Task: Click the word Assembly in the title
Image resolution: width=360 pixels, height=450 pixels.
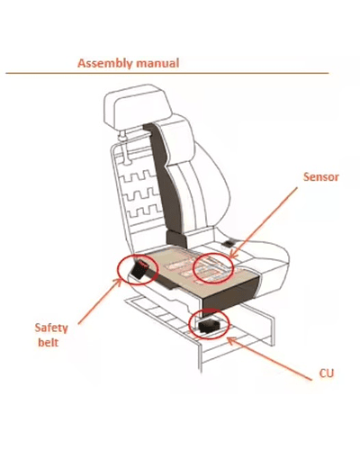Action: [105, 64]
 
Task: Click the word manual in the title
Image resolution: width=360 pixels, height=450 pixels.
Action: [157, 63]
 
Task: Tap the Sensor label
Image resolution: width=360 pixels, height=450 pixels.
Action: [321, 176]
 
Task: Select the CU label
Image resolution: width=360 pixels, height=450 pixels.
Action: [327, 373]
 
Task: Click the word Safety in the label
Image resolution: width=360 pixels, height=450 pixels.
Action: [51, 328]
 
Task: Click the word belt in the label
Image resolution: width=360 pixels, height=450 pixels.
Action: [48, 342]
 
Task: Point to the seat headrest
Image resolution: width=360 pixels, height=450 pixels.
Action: [137, 105]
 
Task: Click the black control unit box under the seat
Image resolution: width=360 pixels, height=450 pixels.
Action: [210, 326]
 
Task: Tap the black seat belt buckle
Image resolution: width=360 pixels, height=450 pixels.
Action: [139, 269]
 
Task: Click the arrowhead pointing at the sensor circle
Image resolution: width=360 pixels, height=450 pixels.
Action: [232, 255]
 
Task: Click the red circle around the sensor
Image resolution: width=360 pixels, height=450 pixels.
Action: [193, 268]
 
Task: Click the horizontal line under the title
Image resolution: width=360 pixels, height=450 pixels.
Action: [167, 73]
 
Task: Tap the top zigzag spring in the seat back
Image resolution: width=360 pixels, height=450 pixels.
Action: [137, 176]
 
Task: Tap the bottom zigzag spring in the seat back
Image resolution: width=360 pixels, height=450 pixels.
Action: [146, 211]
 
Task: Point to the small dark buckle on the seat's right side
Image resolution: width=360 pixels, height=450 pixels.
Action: [229, 244]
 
